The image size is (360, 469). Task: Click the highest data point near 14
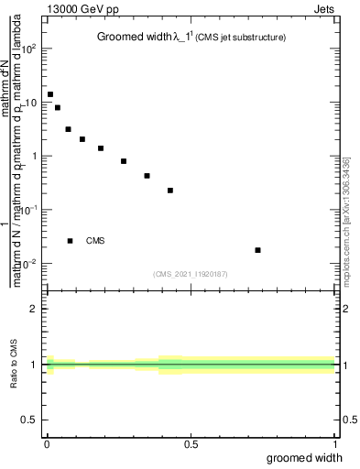point(50,94)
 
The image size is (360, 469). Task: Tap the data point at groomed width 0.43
point(170,191)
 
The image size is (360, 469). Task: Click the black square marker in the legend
point(70,241)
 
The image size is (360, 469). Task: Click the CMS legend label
point(95,241)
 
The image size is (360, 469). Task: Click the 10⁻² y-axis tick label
point(28,264)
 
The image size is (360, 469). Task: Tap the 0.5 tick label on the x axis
point(191,444)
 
